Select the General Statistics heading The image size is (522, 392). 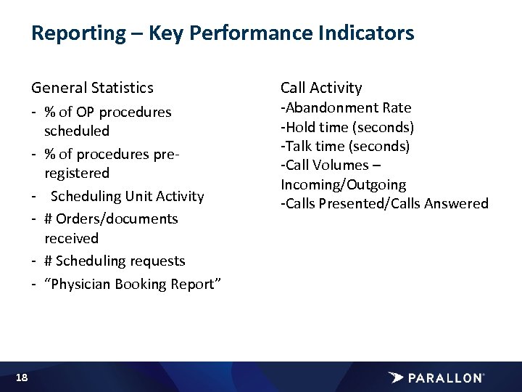[92, 88]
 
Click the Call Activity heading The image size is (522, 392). [321, 88]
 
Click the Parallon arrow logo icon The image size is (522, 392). [397, 377]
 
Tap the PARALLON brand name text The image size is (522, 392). [445, 378]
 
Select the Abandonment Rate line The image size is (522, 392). [346, 108]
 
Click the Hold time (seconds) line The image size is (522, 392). [347, 127]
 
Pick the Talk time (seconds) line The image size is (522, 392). [345, 147]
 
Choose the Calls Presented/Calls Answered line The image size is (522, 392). [384, 204]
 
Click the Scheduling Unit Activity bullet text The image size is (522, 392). [128, 196]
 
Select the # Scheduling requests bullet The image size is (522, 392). [115, 261]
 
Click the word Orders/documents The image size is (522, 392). [117, 219]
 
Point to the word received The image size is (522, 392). [71, 238]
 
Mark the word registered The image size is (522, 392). [77, 173]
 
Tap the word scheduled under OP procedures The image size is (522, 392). [77, 131]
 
